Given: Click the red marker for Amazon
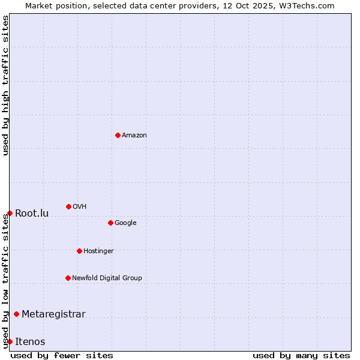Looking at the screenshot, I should pos(118,135).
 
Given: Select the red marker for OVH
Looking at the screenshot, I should pos(68,206).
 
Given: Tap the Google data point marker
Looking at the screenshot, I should pos(110,223).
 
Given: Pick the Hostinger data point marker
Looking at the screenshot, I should pos(79,251).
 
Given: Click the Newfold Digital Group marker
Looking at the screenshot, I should pos(68,278).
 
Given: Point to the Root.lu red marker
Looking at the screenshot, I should pos(10,213).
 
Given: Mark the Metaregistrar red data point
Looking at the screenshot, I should pos(16,314).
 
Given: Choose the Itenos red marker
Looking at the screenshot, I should pos(10,341).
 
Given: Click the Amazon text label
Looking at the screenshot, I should pos(134,135).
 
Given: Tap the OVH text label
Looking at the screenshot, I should pos(80,206).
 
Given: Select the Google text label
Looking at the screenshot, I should pos(125,223).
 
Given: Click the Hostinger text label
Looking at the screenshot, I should pos(98,251).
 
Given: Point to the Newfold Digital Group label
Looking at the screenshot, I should pos(107,278).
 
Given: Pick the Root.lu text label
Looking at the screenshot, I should pos(32,213).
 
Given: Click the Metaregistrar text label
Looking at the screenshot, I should pos(53,314).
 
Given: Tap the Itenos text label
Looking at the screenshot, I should pos(30,341).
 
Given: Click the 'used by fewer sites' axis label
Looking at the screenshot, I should pos(62,355).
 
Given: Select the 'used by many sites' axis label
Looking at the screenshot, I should pos(301,355).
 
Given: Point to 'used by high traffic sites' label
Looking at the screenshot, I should pos(5,85).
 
